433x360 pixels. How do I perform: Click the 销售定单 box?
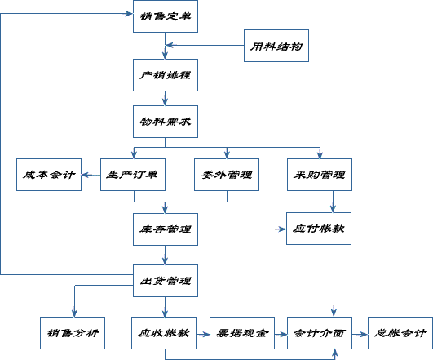click(166, 16)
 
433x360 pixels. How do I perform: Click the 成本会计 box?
click(49, 175)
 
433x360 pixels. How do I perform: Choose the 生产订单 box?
click(133, 175)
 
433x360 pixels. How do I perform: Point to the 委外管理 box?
click(227, 175)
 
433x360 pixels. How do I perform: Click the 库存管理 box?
click(166, 229)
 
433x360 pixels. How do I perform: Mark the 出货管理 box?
click(166, 282)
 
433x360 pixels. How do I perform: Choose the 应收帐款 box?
click(166, 333)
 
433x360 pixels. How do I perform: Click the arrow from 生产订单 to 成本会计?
click(91, 175)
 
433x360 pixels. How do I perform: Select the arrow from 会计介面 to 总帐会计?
click(360, 333)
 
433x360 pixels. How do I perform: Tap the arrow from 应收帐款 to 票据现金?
click(204, 333)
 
